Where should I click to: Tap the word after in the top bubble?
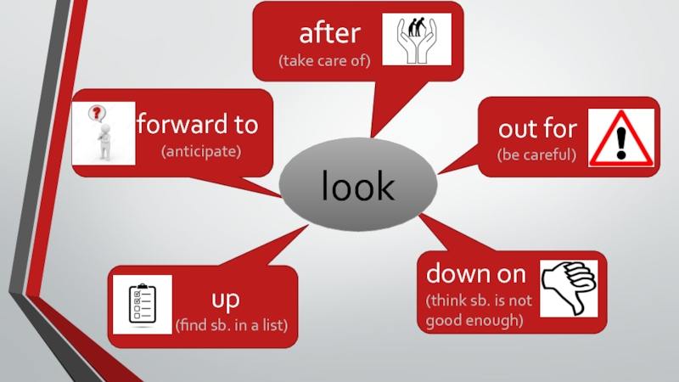pyautogui.click(x=329, y=34)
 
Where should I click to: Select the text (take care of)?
pyautogui.click(x=325, y=61)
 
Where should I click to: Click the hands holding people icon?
pyautogui.click(x=417, y=39)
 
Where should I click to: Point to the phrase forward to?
pyautogui.click(x=197, y=126)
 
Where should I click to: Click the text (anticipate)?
pyautogui.click(x=202, y=152)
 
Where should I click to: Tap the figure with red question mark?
pyautogui.click(x=103, y=133)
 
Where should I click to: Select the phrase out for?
pyautogui.click(x=537, y=129)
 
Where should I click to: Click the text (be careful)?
pyautogui.click(x=537, y=155)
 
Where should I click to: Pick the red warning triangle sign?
pyautogui.click(x=621, y=138)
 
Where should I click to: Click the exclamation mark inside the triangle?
pyautogui.click(x=621, y=140)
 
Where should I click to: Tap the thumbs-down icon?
pyautogui.click(x=569, y=288)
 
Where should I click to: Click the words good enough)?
pyautogui.click(x=474, y=321)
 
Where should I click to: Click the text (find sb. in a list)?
pyautogui.click(x=231, y=326)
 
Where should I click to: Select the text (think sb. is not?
pyautogui.click(x=479, y=301)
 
